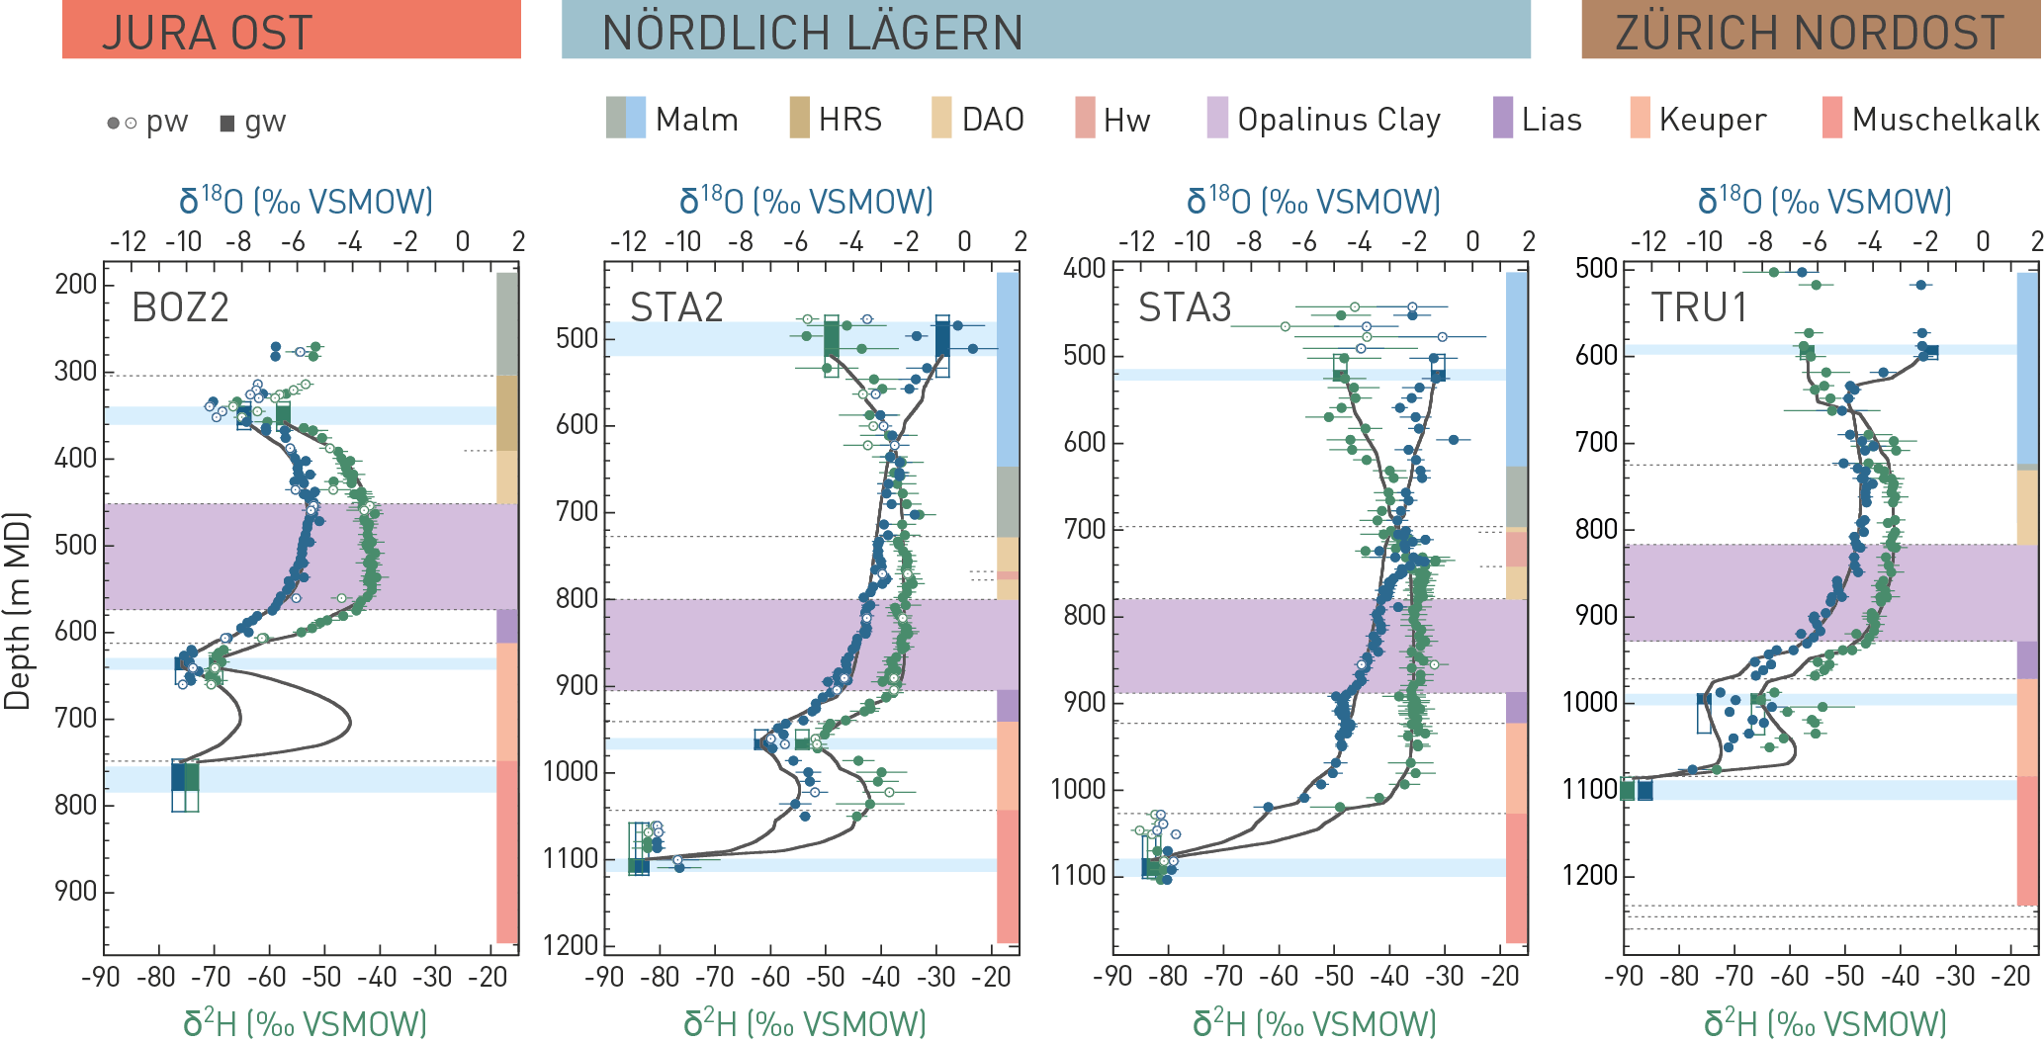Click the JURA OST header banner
[291, 30]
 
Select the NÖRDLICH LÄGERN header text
[812, 33]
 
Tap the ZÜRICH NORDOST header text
[1809, 33]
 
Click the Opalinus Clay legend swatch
[1217, 119]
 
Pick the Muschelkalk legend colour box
[1831, 119]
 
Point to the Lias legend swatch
[1502, 119]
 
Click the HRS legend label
[849, 120]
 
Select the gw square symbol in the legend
[227, 123]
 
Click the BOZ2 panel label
[180, 307]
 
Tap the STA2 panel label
[676, 307]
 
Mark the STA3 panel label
[1185, 307]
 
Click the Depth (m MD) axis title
[17, 611]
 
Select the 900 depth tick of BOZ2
[76, 892]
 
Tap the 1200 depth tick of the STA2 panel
[571, 945]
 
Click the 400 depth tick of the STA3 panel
[1084, 268]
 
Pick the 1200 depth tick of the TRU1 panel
[1589, 876]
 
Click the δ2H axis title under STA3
[1313, 1023]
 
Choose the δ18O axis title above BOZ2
[306, 201]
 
